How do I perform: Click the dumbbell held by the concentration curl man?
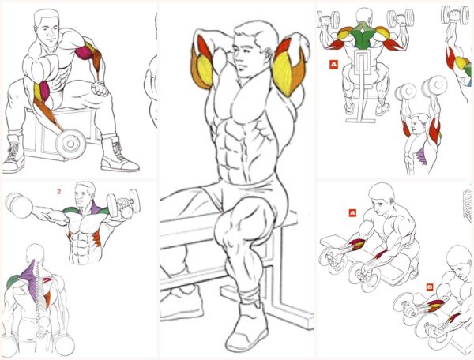coord(70,144)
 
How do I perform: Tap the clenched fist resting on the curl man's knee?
coord(100,88)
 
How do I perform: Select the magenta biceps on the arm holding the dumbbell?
coord(45,92)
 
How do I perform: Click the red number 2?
coord(59,192)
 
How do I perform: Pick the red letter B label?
coord(429,287)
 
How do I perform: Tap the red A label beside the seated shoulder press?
coord(333,64)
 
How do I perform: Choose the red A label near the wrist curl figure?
coord(352,213)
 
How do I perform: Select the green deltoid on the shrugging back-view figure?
coord(12,281)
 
